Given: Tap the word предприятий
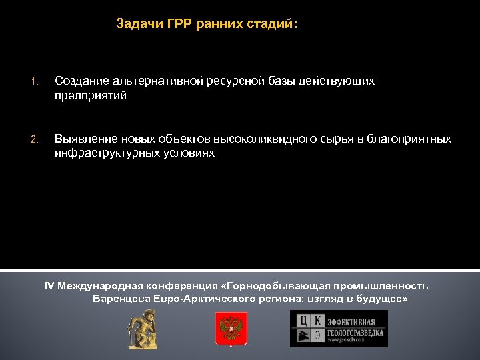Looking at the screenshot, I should click(x=91, y=96).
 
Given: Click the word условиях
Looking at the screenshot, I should click(x=191, y=153).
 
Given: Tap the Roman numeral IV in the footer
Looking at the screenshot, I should click(x=49, y=286).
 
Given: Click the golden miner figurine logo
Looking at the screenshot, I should click(x=143, y=329).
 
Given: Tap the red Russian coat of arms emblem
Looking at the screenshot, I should click(x=231, y=329).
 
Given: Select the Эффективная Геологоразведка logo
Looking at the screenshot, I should click(x=338, y=329).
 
